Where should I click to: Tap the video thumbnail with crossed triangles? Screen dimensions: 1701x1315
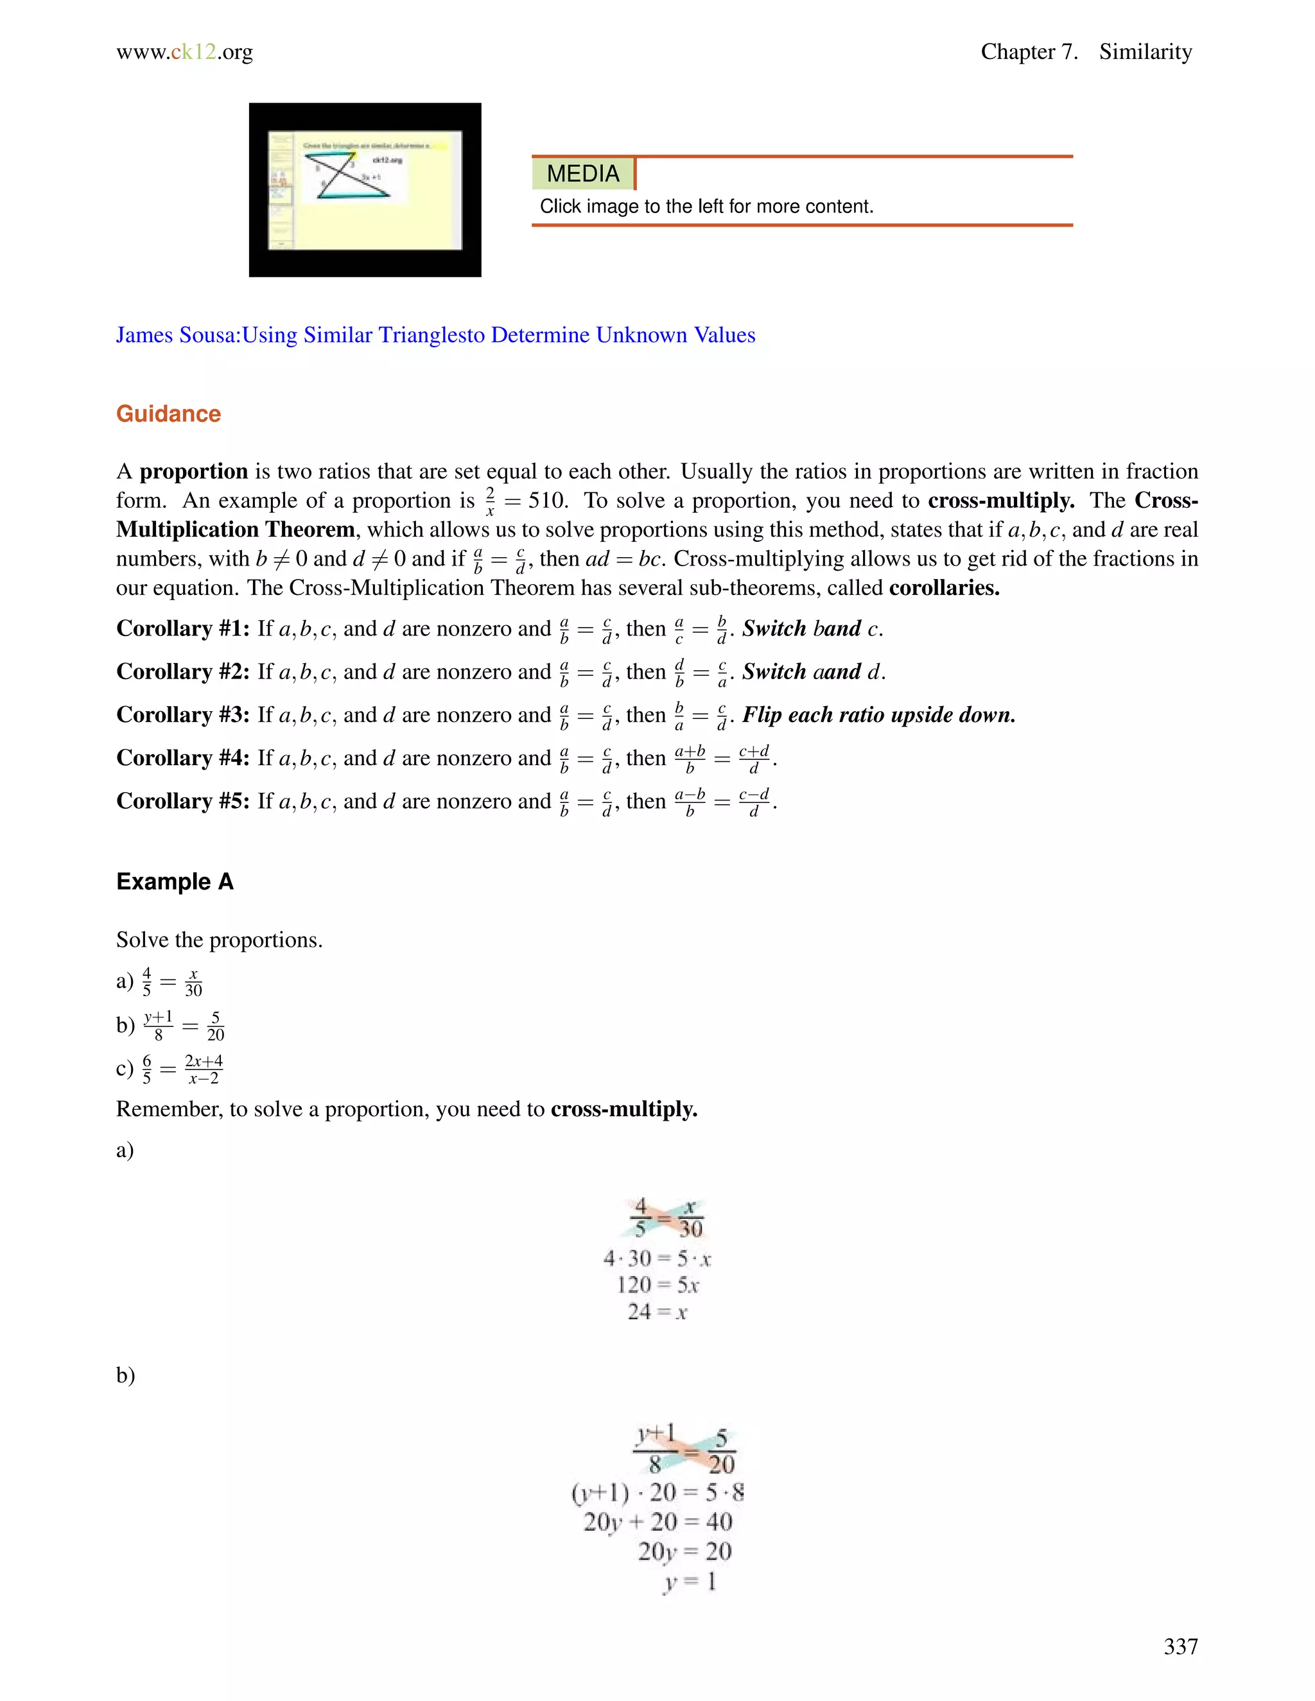(365, 189)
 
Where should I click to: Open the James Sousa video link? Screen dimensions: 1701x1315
(435, 335)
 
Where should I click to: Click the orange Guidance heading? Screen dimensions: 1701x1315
(168, 413)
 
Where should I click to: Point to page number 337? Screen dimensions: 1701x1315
(1180, 1646)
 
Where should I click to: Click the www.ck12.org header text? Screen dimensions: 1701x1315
(185, 51)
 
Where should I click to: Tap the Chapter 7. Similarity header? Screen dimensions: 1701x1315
(1085, 51)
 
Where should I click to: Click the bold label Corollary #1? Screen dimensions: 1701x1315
(183, 628)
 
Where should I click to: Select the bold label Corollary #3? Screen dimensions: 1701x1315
(183, 715)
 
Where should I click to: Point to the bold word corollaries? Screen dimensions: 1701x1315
(943, 587)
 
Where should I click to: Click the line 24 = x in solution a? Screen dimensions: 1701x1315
(657, 1313)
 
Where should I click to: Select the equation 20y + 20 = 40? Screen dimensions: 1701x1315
(658, 1521)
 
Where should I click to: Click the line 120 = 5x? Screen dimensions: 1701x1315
(657, 1285)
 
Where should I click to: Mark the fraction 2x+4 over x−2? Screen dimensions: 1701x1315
(204, 1069)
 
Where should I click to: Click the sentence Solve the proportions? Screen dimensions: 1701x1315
(219, 940)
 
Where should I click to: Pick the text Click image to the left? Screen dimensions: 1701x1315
(706, 207)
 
